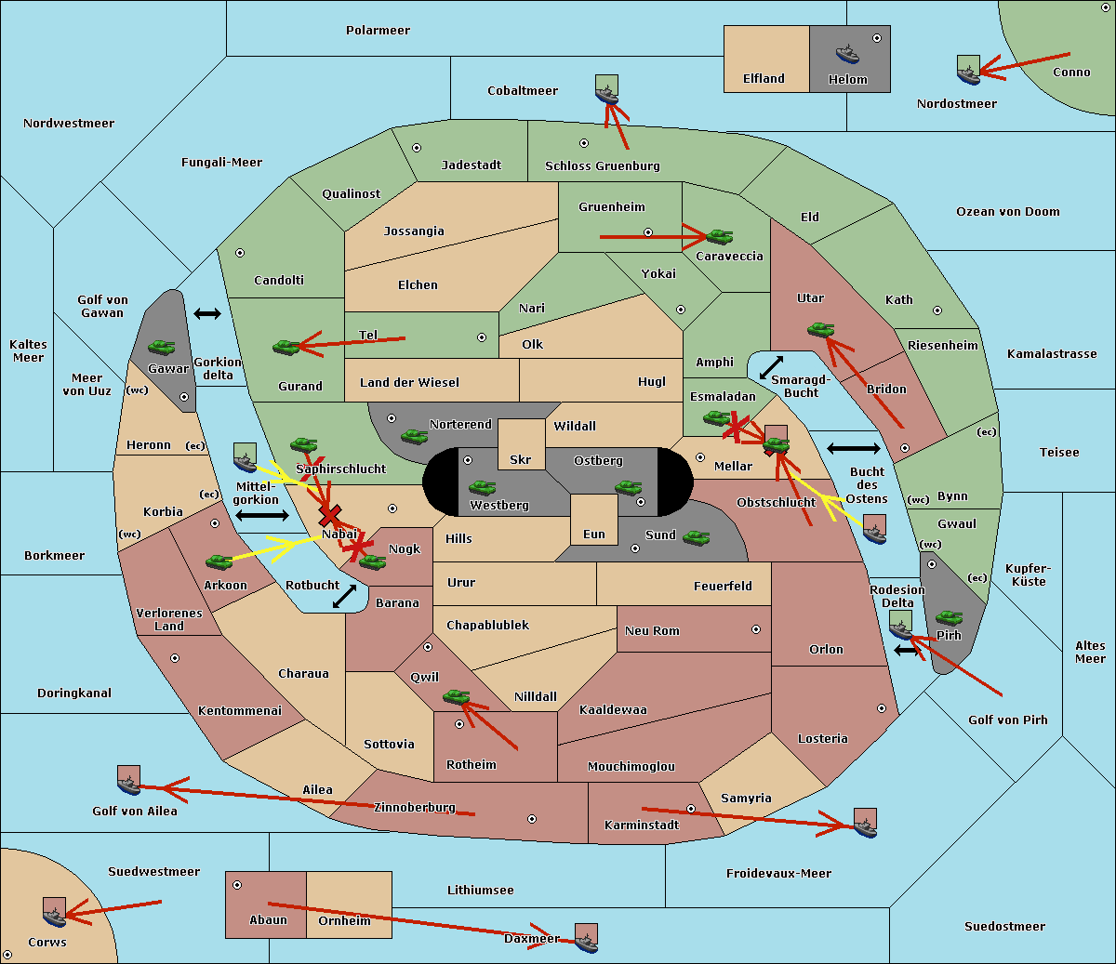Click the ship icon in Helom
847,54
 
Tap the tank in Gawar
162,347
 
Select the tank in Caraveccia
719,236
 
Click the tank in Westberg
482,487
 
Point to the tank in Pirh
949,617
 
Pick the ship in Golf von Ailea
129,781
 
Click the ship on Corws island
55,912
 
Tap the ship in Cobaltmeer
607,89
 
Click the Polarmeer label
378,31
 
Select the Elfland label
764,78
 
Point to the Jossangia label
414,231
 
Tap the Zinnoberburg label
415,808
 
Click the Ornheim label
344,920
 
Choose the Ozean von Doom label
1008,212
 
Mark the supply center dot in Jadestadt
417,148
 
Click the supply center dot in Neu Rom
756,629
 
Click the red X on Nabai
329,515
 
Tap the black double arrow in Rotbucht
345,596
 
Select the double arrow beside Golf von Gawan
207,313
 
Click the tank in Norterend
414,436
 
